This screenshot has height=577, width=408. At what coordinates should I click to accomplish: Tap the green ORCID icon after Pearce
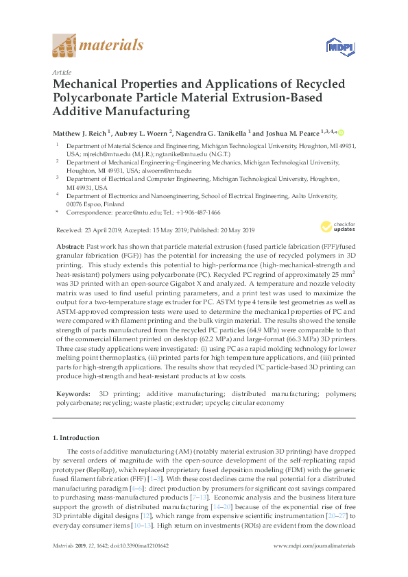tap(341, 133)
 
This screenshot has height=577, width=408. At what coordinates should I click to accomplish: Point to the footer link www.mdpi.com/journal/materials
tap(314, 545)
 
